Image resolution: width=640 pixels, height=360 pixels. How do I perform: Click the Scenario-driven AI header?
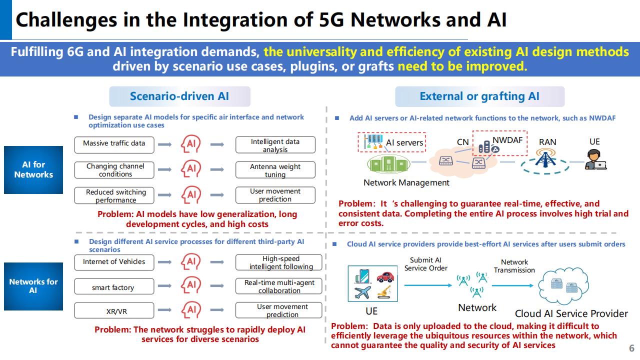(x=179, y=96)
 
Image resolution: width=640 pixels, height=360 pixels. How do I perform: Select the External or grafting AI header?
(x=479, y=96)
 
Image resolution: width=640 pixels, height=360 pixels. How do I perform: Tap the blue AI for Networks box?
(x=33, y=170)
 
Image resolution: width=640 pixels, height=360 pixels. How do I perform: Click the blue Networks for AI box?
(x=33, y=286)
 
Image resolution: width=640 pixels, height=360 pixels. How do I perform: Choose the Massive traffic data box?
(x=114, y=143)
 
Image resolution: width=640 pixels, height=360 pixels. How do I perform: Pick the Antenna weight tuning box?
(x=275, y=170)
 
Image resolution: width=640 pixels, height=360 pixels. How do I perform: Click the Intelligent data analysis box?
(x=275, y=145)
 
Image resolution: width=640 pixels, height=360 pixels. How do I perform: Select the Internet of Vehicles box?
(x=114, y=262)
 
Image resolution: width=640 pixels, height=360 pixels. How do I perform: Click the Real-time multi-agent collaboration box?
(x=279, y=286)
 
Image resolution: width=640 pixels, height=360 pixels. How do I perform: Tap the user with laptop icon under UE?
(x=595, y=159)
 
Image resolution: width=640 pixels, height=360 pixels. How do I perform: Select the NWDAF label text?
(x=507, y=140)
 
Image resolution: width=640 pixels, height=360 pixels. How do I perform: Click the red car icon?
(x=384, y=276)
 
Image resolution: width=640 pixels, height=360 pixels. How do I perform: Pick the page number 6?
(x=631, y=348)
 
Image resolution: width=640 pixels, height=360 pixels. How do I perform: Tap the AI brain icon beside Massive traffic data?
(x=190, y=144)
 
